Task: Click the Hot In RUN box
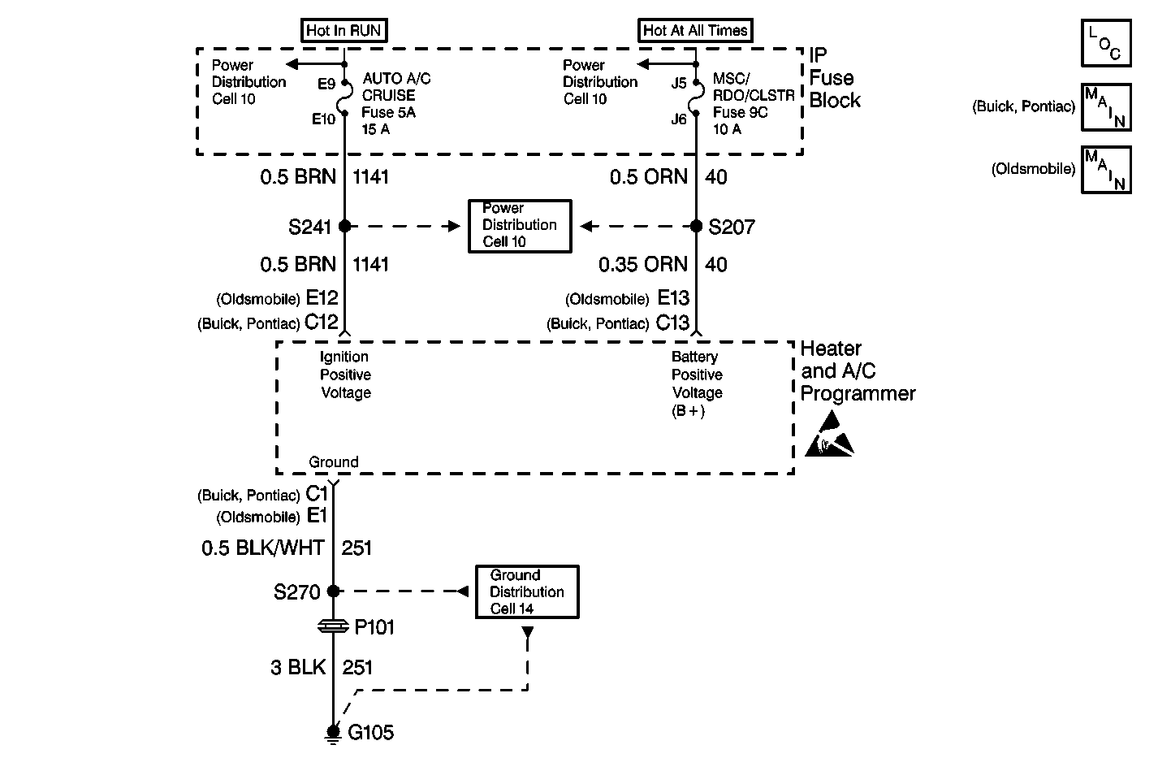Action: pyautogui.click(x=344, y=31)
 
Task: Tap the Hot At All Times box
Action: pyautogui.click(x=695, y=31)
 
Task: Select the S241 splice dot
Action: pyautogui.click(x=344, y=226)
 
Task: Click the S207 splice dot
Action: pyautogui.click(x=696, y=226)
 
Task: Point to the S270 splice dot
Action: pyautogui.click(x=333, y=591)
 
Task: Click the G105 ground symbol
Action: pyautogui.click(x=333, y=733)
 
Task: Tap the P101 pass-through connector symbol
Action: pyautogui.click(x=333, y=626)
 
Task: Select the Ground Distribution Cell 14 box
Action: pyautogui.click(x=527, y=592)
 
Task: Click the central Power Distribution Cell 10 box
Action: pyautogui.click(x=520, y=225)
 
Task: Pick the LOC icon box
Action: pyautogui.click(x=1106, y=43)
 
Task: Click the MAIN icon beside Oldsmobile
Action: pyautogui.click(x=1106, y=169)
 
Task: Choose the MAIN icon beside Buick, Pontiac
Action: pyautogui.click(x=1106, y=107)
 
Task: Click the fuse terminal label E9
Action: pyautogui.click(x=326, y=83)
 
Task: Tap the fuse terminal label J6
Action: pyautogui.click(x=679, y=119)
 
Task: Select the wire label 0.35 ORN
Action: pyautogui.click(x=643, y=265)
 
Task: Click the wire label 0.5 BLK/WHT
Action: pyautogui.click(x=263, y=548)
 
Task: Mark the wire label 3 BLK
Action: pyautogui.click(x=298, y=668)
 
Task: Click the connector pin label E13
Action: pyautogui.click(x=673, y=298)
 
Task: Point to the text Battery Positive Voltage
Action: pyautogui.click(x=696, y=375)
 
